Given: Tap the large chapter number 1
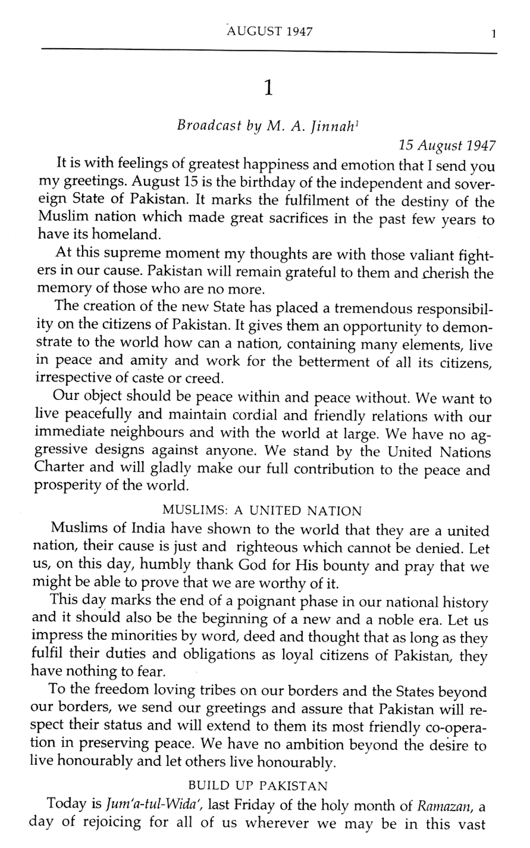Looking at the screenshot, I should (268, 88).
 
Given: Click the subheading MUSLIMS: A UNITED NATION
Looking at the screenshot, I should (262, 511).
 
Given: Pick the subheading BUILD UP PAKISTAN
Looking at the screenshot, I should (258, 786).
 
